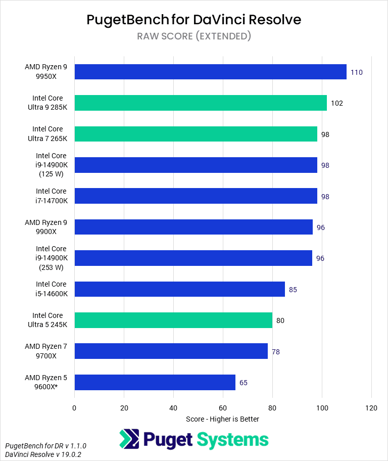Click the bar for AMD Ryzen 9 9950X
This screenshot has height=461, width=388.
(210, 72)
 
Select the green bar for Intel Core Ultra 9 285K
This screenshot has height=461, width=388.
(201, 103)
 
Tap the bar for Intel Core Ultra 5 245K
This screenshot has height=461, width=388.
(173, 320)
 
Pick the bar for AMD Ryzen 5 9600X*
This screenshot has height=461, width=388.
(155, 383)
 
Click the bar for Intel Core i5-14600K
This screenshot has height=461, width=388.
(179, 290)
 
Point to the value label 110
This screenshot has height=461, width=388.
(357, 72)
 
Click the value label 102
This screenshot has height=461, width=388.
(337, 103)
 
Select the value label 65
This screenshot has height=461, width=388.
(244, 383)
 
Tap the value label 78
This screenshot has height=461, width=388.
(276, 352)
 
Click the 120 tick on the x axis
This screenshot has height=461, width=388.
(371, 407)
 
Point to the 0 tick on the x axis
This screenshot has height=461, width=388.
(74, 407)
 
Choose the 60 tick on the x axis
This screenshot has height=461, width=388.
(223, 407)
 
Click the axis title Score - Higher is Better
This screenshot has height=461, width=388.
(222, 419)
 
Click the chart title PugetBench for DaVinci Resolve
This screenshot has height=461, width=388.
(194, 19)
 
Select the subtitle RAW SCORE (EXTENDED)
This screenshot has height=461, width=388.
(194, 36)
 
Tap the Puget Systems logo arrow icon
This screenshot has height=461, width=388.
(129, 439)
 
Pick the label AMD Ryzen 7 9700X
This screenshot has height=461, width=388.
(45, 351)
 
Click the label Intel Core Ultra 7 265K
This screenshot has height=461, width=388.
(47, 134)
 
